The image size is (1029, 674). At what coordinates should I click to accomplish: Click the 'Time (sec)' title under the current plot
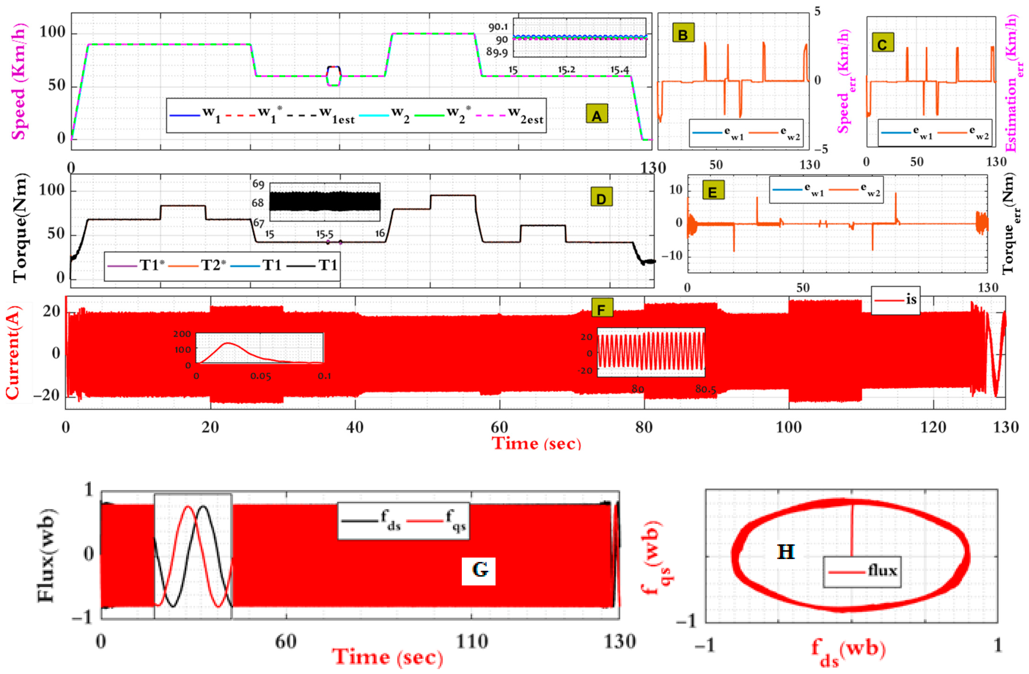[537, 443]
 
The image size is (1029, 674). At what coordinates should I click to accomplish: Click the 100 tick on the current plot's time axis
[789, 427]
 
